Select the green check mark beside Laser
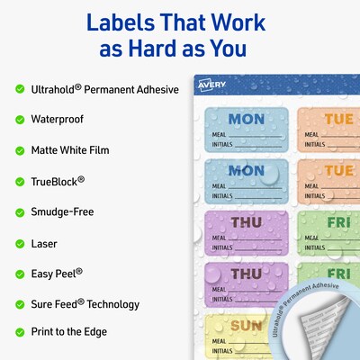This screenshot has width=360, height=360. (20, 243)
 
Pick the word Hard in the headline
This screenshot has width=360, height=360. (166, 48)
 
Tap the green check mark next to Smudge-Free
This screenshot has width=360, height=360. (20, 212)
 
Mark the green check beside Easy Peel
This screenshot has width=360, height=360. (20, 274)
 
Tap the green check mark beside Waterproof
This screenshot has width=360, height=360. (20, 119)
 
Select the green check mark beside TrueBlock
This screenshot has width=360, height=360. (20, 181)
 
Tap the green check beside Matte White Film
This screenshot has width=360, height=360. (20, 149)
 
